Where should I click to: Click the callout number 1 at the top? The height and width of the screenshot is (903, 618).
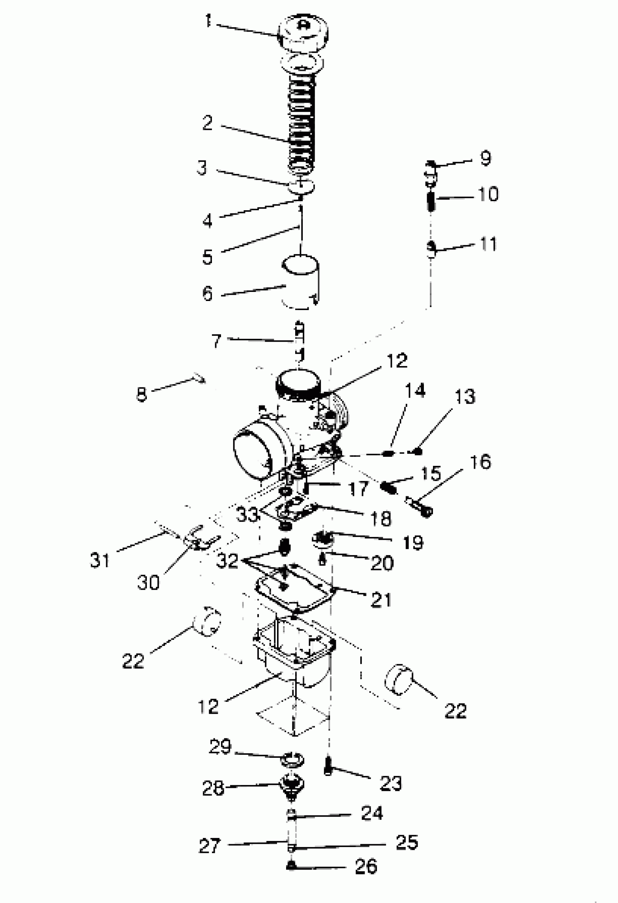(x=209, y=21)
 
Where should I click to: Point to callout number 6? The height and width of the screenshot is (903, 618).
(x=208, y=293)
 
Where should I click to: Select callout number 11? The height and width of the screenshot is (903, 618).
(x=489, y=244)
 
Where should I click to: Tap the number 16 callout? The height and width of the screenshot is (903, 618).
(x=480, y=462)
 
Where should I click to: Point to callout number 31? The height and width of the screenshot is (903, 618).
(x=100, y=560)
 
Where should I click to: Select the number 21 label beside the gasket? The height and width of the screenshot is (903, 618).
(x=381, y=600)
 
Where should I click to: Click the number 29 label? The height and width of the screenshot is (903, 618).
(x=221, y=746)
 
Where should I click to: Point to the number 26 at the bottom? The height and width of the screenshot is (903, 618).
(x=366, y=866)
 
